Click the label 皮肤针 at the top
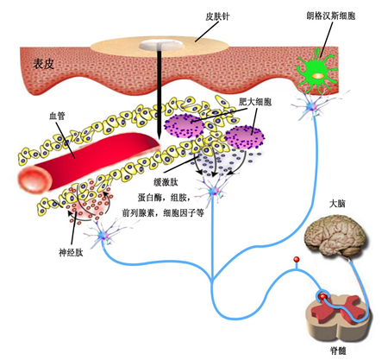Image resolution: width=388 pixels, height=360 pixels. click(217, 16)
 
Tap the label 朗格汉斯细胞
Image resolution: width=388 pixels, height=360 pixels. click(331, 16)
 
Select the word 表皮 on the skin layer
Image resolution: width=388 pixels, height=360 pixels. click(44, 64)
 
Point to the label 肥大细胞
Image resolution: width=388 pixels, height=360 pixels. click(255, 102)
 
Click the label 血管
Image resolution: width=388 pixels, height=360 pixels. click(57, 116)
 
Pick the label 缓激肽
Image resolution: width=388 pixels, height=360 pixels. click(166, 182)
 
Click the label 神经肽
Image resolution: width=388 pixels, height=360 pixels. click(71, 253)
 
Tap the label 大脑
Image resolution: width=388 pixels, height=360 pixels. click(337, 204)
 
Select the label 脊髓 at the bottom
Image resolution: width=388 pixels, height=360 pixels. click(338, 351)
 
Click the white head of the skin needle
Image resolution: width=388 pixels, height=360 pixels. click(161, 45)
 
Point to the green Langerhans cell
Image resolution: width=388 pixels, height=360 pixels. click(316, 72)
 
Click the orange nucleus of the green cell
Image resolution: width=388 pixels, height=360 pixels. click(317, 76)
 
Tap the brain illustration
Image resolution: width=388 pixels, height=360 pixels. click(335, 236)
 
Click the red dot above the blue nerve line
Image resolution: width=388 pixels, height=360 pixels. click(297, 260)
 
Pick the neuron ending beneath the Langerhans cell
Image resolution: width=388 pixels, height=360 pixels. click(312, 106)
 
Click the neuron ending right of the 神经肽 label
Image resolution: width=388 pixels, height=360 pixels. click(103, 235)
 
